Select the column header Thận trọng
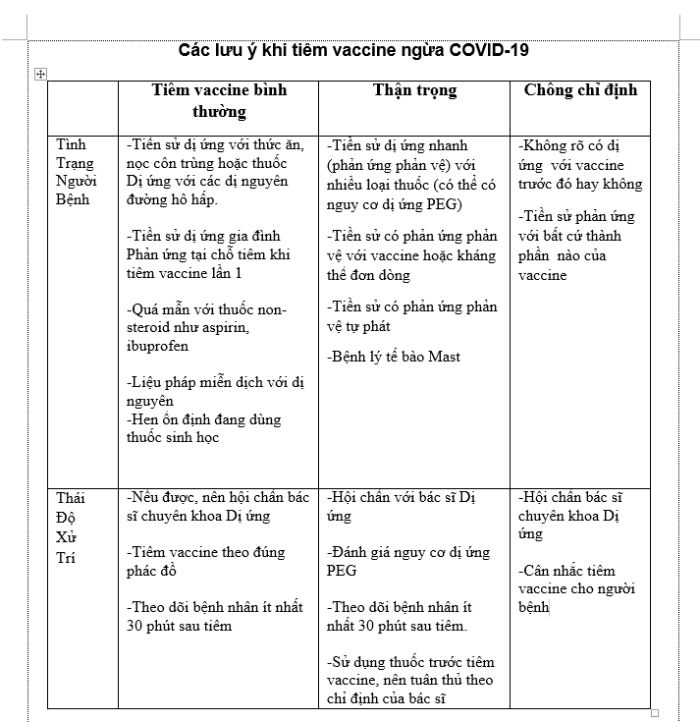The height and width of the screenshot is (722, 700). [414, 90]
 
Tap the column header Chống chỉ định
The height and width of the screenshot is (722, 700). [580, 90]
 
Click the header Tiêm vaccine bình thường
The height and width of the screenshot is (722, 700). [219, 100]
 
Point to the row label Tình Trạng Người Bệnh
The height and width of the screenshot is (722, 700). [77, 172]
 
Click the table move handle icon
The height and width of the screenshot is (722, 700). [40, 73]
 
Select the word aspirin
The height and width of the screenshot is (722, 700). [225, 328]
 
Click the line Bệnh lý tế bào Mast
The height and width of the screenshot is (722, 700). [394, 357]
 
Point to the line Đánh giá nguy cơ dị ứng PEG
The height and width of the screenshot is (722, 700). [407, 561]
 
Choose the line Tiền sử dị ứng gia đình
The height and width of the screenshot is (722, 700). [203, 236]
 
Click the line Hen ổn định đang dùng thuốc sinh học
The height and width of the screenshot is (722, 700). [203, 428]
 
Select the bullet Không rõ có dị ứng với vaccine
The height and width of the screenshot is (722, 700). [579, 164]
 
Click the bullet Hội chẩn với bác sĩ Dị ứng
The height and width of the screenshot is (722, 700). [406, 506]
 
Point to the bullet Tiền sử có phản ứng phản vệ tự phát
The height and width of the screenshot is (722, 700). [412, 316]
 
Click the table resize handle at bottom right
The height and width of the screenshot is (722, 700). [655, 713]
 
